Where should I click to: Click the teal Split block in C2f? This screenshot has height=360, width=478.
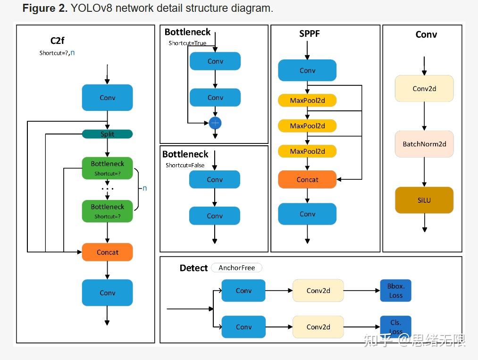[107, 134]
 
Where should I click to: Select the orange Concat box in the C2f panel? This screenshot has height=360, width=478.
[107, 252]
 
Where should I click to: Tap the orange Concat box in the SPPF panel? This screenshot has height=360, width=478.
[307, 179]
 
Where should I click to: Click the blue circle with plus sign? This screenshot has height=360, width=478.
[215, 123]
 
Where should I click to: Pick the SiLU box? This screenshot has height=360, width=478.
[424, 200]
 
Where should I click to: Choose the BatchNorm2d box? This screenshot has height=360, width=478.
[424, 144]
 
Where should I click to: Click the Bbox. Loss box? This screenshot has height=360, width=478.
[395, 291]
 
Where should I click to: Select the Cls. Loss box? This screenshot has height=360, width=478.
[395, 327]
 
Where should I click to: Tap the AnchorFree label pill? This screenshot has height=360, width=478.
[236, 268]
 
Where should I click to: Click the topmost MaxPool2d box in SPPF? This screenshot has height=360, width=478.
[307, 100]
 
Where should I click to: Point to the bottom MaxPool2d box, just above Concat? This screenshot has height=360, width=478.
[307, 151]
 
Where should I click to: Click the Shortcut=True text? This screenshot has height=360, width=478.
[187, 43]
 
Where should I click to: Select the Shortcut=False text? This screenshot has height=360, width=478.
[185, 165]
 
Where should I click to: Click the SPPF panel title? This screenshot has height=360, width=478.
[310, 34]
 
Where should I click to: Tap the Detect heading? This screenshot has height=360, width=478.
[193, 268]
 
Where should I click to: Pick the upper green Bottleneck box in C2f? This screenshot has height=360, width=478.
[107, 168]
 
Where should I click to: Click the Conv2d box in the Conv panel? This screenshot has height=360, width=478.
[424, 88]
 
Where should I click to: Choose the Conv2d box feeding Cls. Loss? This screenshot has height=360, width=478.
[318, 327]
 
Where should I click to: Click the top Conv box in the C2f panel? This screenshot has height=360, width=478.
[107, 98]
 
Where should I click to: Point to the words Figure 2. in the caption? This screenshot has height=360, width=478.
[45, 8]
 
